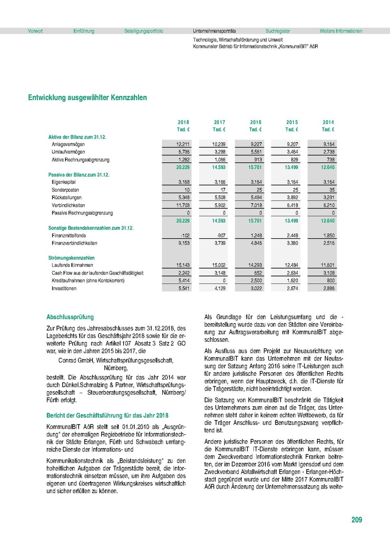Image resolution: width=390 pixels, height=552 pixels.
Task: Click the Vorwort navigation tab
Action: point(35,31)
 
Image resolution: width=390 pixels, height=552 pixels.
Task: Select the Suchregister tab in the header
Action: point(278,31)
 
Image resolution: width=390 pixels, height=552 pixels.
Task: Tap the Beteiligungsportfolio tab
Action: point(143,31)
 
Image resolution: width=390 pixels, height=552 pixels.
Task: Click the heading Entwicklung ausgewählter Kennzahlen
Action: point(87,98)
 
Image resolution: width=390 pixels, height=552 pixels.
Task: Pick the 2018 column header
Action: point(184,122)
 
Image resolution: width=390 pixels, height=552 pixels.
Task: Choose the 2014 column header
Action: point(328,122)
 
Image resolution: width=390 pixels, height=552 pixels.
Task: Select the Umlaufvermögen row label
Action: point(68,152)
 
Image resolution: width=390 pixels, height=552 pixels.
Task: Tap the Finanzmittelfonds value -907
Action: point(220,235)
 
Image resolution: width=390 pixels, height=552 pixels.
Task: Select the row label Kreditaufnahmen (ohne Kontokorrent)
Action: point(88,281)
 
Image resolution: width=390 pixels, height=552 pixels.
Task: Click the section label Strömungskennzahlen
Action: point(71,258)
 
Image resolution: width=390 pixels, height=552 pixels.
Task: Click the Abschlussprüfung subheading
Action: point(70,317)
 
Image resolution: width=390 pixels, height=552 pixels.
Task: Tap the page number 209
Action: point(356,520)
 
